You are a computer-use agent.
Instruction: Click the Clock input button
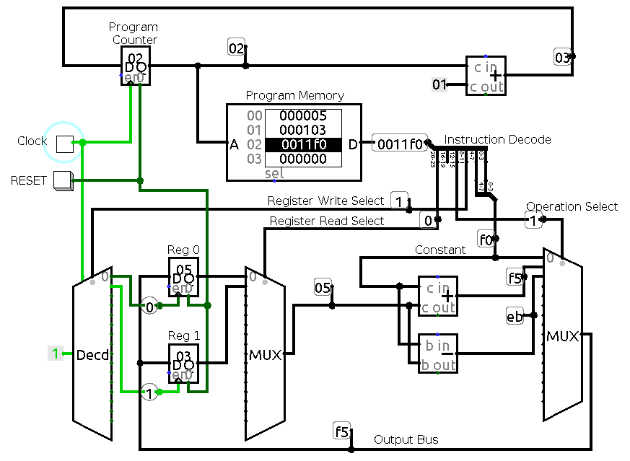tap(66, 143)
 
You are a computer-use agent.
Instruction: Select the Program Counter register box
tap(135, 67)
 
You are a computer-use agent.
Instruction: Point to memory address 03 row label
tap(254, 159)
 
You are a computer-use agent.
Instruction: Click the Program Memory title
tap(294, 95)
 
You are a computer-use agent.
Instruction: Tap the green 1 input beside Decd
tap(55, 354)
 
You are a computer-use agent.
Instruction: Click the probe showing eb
tap(515, 316)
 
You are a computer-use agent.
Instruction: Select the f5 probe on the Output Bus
tap(342, 432)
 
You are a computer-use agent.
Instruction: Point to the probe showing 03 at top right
tap(563, 57)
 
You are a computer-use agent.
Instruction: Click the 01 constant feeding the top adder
tap(439, 85)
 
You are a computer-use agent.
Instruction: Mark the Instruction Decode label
tap(497, 139)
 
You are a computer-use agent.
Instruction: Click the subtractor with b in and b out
tap(438, 354)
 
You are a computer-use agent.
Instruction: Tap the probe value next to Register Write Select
tap(400, 200)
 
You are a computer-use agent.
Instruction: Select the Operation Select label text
tap(572, 206)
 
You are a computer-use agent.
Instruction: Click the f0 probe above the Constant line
tap(486, 239)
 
